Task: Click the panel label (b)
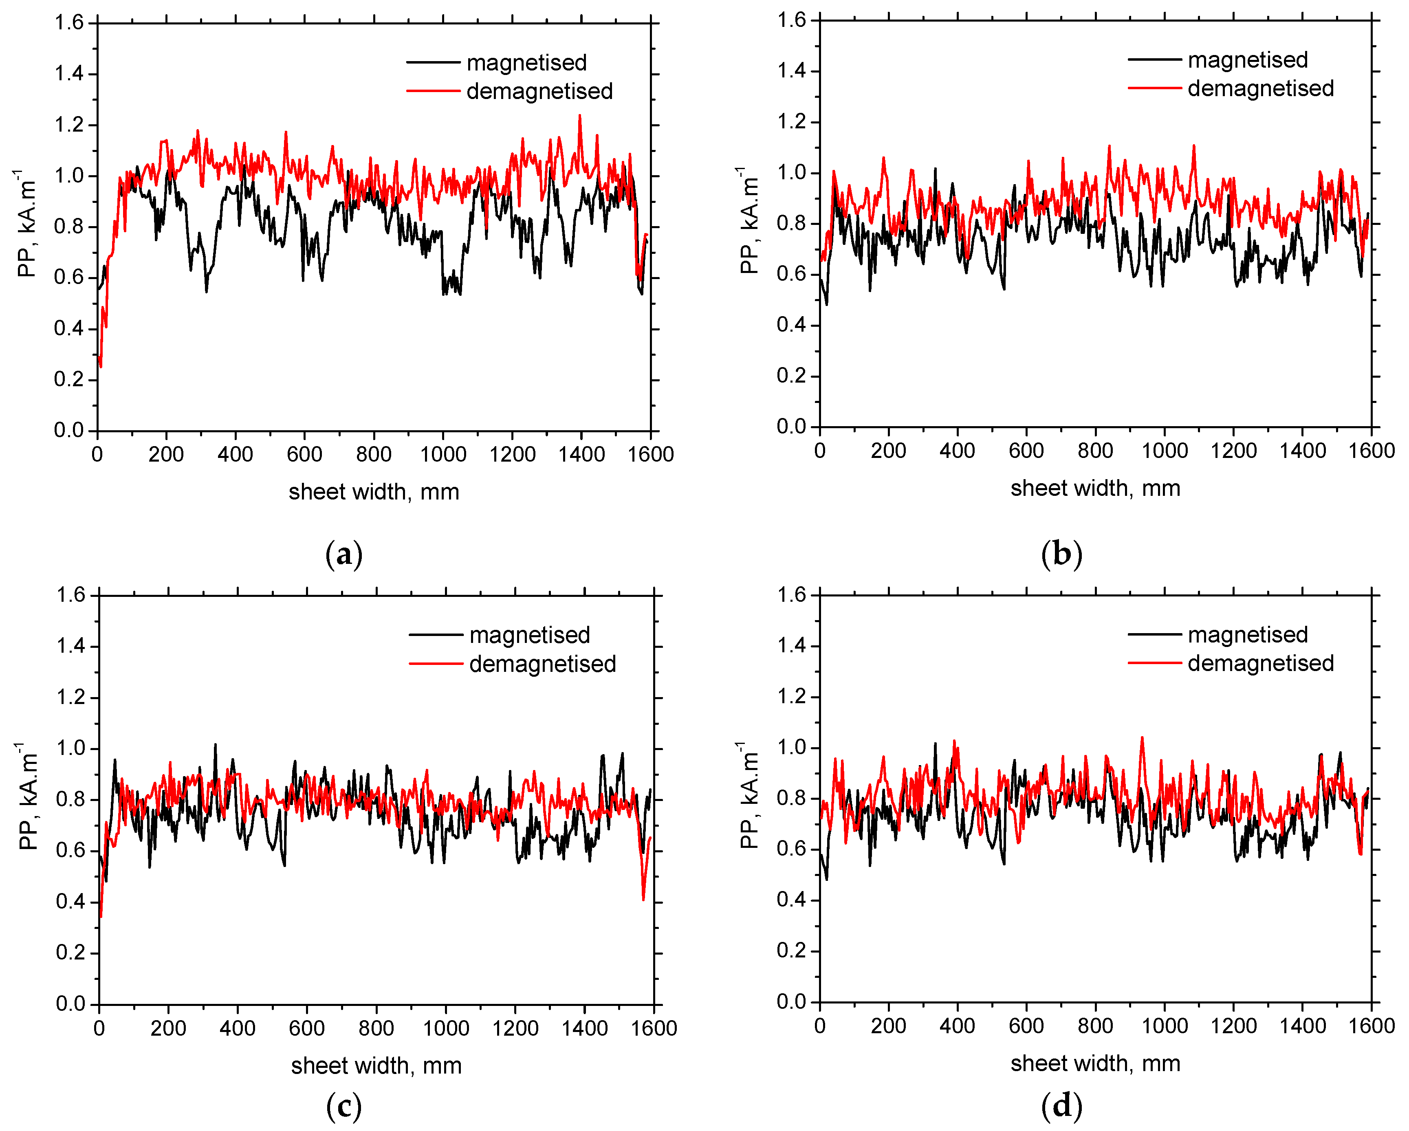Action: (x=1061, y=554)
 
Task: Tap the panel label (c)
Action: (x=344, y=1107)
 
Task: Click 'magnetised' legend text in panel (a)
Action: (x=526, y=63)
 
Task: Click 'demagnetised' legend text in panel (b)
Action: (x=1260, y=88)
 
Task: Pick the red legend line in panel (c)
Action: (x=435, y=664)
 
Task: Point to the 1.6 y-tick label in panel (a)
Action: (x=69, y=23)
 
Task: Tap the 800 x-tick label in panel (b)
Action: (x=1095, y=451)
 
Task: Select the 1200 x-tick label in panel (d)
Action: (x=1233, y=1026)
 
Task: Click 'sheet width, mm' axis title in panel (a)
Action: (x=374, y=491)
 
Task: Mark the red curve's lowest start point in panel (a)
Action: (x=101, y=367)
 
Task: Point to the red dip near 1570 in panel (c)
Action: (x=643, y=900)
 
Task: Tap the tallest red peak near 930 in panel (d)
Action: (x=1142, y=738)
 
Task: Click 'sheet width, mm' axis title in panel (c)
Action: (x=376, y=1066)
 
